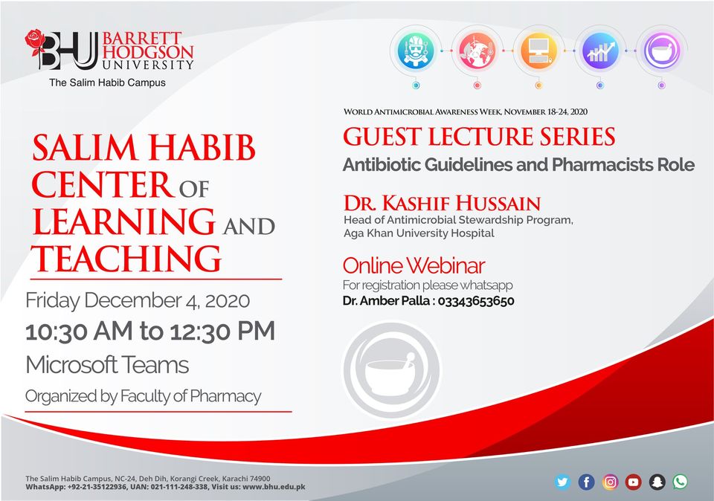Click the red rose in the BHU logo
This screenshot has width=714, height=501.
35,42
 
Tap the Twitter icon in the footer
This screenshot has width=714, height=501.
563,482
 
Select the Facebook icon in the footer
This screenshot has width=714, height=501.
587,482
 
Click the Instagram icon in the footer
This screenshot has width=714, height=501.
610,482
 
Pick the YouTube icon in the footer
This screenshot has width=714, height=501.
634,482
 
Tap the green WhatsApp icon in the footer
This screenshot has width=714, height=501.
681,482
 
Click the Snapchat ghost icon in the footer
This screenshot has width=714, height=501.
657,482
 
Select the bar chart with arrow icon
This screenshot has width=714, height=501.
600,51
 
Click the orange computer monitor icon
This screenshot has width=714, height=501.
538,51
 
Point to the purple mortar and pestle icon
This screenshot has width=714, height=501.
662,51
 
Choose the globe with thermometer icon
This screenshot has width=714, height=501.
477,51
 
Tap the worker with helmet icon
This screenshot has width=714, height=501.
415,51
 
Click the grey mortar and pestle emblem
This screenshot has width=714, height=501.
392,369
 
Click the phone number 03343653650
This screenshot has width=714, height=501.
476,301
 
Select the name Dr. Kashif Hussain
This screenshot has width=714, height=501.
442,203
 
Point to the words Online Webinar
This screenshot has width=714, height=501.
414,266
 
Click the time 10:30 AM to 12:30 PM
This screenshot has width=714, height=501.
150,332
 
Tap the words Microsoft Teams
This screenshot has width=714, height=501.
107,365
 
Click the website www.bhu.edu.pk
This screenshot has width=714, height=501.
274,487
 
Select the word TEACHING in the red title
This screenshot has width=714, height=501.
126,259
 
